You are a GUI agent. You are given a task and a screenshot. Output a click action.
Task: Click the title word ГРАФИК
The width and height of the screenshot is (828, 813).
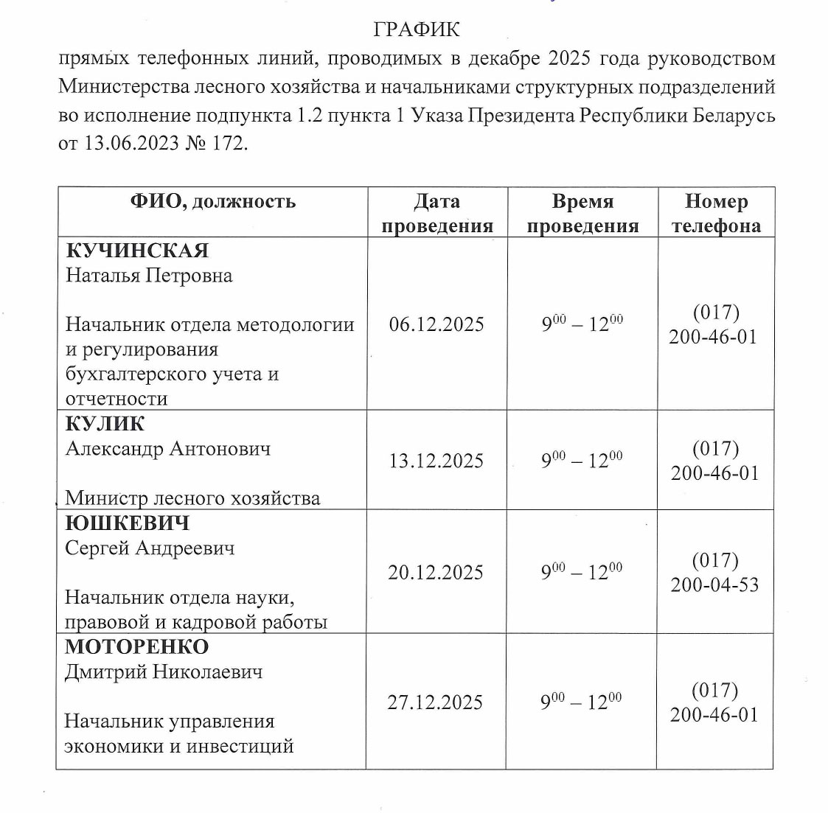416,29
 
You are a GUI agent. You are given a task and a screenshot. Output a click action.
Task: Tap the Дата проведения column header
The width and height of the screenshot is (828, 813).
437,213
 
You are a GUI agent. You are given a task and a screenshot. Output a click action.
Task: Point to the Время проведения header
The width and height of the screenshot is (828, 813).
582,213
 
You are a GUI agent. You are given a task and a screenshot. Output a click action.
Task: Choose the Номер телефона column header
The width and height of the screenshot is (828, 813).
716,213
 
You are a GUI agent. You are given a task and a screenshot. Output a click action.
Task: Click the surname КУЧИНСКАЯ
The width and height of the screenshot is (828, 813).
138,251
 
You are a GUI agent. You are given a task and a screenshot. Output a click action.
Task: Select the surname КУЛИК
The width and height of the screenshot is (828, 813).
105,424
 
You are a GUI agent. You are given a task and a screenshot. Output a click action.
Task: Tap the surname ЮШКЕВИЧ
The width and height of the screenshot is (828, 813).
128,523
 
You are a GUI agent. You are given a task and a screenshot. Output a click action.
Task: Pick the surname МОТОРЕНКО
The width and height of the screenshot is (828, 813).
137,647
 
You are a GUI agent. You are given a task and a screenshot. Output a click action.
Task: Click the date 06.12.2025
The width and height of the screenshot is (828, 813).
436,324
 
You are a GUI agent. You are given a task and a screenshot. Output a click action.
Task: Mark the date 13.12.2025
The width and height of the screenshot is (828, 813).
436,461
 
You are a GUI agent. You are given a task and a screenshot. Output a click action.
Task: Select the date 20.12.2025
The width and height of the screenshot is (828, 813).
436,573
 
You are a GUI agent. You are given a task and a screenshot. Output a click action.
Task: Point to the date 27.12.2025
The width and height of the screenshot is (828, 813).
435,702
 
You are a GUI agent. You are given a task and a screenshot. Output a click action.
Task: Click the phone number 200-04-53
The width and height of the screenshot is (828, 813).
714,585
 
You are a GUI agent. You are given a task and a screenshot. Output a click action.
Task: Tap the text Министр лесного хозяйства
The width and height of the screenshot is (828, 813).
192,498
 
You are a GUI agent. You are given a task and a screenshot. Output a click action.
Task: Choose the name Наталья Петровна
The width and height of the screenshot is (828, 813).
149,276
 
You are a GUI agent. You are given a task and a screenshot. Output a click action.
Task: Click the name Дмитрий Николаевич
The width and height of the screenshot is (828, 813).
163,672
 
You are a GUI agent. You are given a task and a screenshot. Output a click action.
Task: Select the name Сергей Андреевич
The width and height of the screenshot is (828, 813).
150,548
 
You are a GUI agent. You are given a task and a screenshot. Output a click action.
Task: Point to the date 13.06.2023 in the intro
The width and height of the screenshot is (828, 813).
132,142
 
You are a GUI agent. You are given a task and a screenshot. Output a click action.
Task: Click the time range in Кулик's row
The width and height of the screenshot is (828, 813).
582,461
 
